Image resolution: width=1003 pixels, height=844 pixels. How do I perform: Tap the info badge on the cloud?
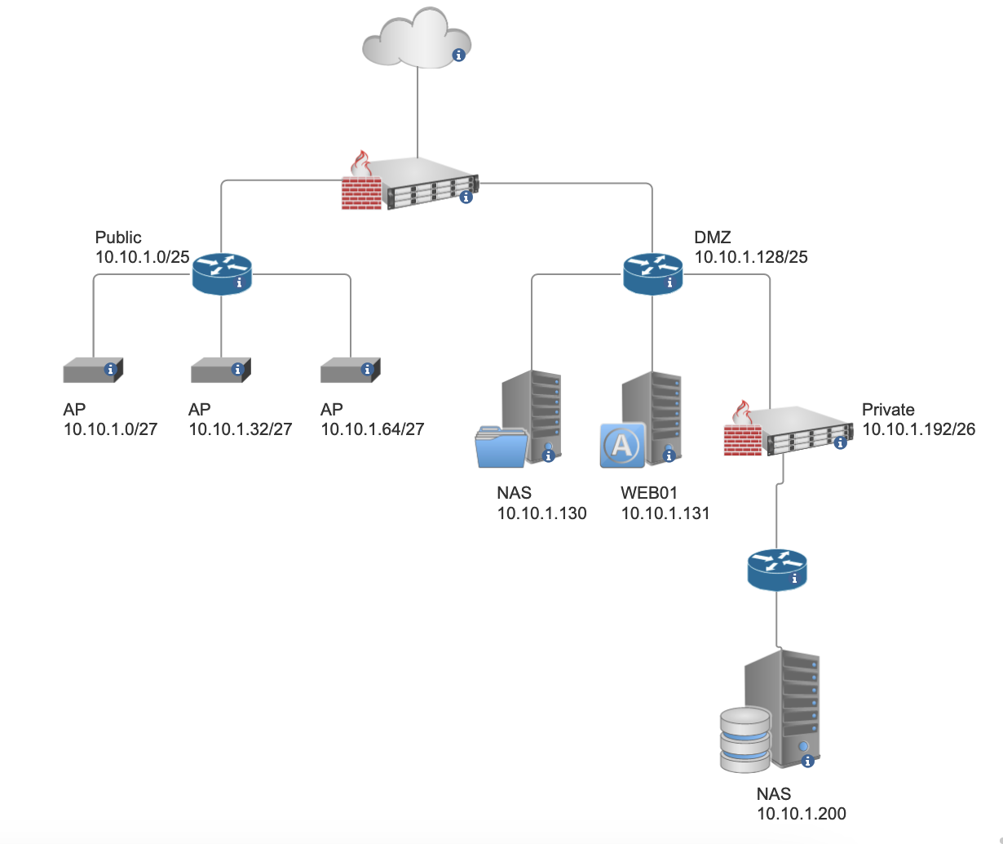(x=458, y=55)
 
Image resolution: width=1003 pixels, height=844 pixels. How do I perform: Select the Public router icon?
(x=222, y=273)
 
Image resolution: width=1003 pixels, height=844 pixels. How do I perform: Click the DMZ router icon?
(x=653, y=273)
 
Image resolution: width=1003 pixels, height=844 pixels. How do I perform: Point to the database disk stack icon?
(x=745, y=739)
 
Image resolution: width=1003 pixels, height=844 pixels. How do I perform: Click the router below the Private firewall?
(x=776, y=568)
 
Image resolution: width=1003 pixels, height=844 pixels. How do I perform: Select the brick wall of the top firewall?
(x=361, y=189)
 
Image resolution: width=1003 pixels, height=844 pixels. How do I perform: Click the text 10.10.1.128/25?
(x=750, y=257)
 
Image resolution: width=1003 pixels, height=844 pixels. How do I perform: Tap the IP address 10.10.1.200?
(x=801, y=813)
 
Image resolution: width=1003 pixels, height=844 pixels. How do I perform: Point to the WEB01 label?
(x=649, y=493)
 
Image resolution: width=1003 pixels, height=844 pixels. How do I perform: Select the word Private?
(x=887, y=410)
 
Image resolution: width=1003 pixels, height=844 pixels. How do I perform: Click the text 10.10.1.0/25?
(x=142, y=257)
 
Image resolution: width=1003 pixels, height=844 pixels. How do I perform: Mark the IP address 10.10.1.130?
(x=541, y=513)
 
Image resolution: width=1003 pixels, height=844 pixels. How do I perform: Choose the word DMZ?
(x=713, y=238)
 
